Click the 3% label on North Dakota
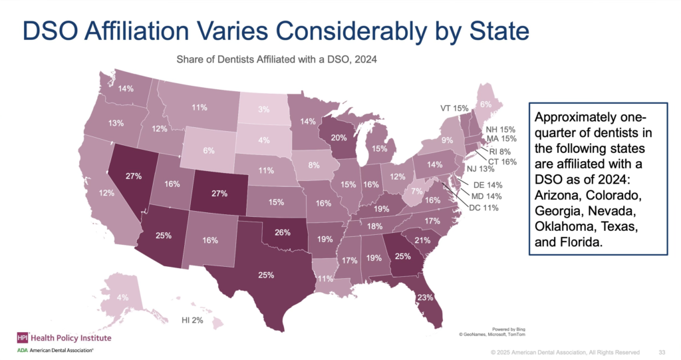[x=263, y=109]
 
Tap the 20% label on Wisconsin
[x=339, y=138]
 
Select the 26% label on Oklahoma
[x=282, y=233]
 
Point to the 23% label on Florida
[x=425, y=298]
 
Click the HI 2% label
[x=192, y=321]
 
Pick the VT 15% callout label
[x=454, y=108]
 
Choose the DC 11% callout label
[x=484, y=208]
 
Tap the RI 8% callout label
[x=500, y=152]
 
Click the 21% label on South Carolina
[x=422, y=240]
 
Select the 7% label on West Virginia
[x=416, y=191]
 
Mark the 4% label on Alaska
[x=122, y=298]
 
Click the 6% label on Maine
[x=485, y=104]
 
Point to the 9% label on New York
[x=448, y=140]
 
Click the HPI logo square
[x=23, y=338]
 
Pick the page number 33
[x=662, y=352]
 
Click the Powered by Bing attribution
[x=509, y=329]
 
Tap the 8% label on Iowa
[x=314, y=165]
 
